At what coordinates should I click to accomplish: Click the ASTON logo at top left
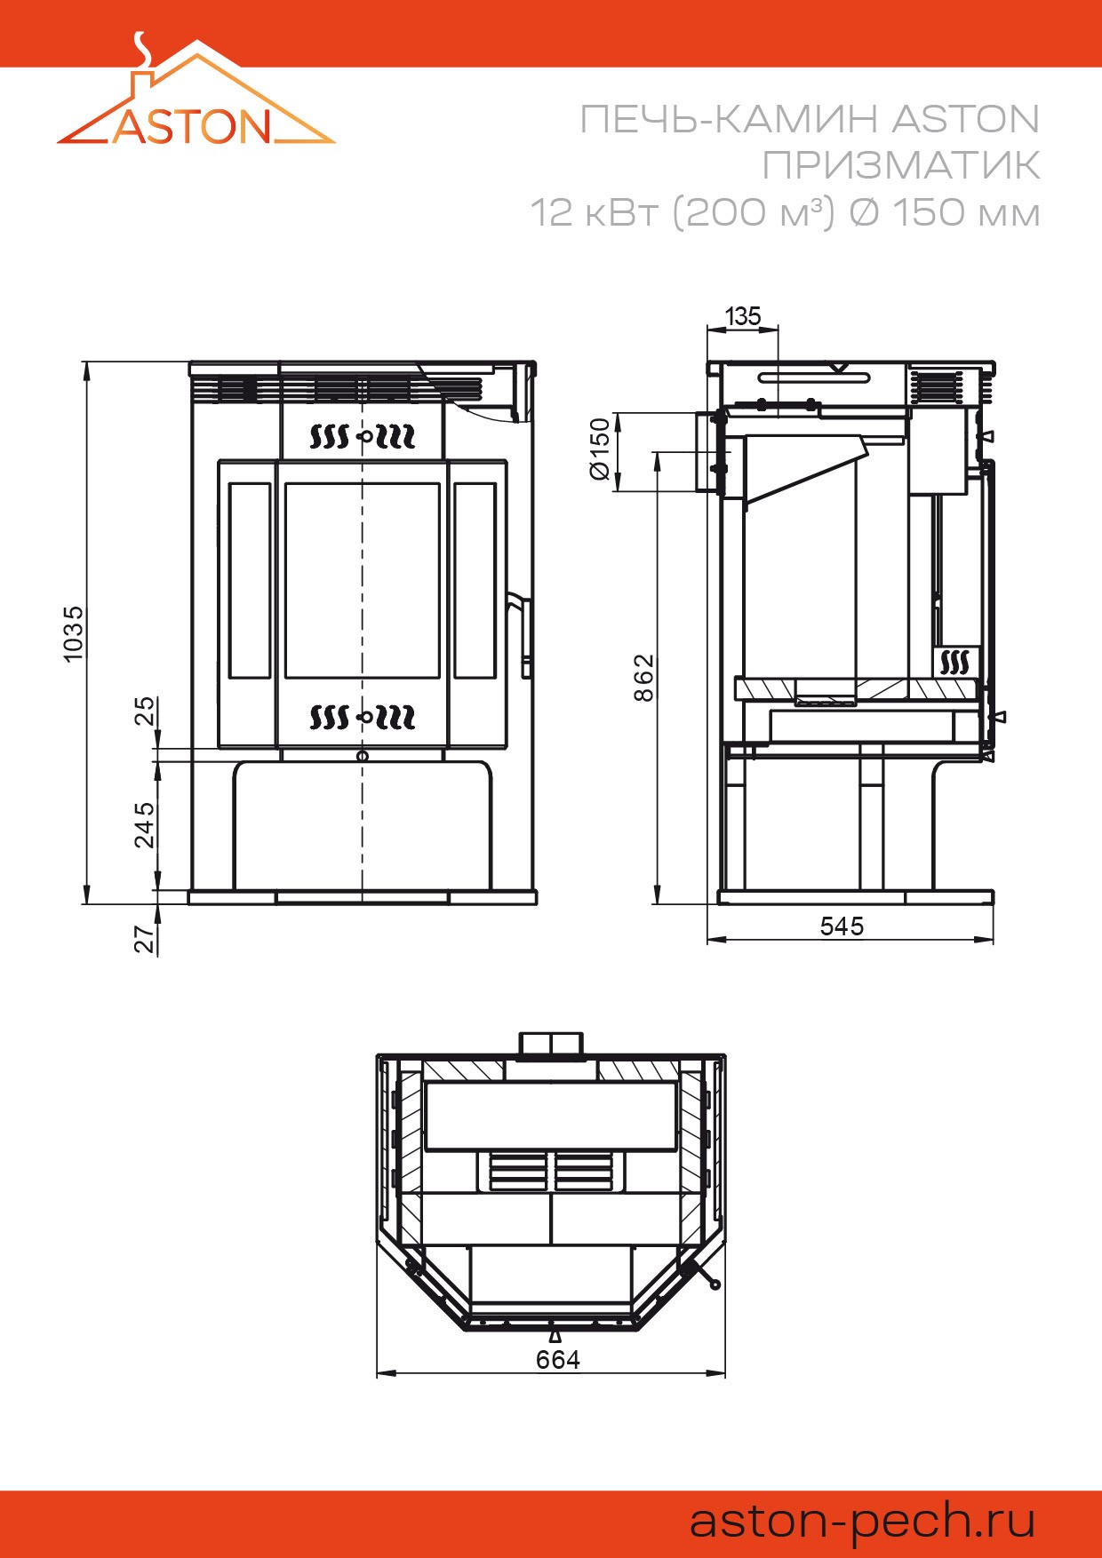196,92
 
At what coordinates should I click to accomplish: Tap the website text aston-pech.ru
863,1520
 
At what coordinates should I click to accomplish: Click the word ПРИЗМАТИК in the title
901,165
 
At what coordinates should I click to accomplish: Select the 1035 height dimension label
73,633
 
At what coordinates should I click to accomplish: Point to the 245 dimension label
144,825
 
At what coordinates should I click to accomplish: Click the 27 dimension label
144,939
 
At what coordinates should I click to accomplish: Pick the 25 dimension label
144,711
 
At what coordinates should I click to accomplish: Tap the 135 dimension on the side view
743,316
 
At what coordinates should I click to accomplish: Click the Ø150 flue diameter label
601,449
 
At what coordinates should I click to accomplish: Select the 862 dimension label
643,678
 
